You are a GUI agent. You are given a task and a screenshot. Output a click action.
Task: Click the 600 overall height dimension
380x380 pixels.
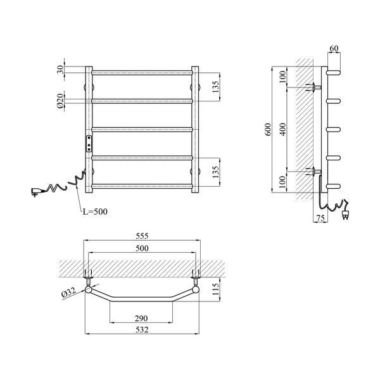pyautogui.click(x=268, y=129)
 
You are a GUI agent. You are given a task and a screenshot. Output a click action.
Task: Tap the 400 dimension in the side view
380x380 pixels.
pyautogui.click(x=283, y=129)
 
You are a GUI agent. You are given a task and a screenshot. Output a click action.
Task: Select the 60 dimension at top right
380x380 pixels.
pyautogui.click(x=334, y=48)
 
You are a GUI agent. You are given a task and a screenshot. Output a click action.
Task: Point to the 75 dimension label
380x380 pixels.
pyautogui.click(x=320, y=218)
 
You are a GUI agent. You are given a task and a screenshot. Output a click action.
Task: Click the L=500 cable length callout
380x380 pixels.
pyautogui.click(x=95, y=212)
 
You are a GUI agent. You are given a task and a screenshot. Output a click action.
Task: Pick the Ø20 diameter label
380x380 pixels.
pyautogui.click(x=60, y=100)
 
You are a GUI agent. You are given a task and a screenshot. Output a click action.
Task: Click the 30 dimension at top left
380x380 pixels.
pyautogui.click(x=60, y=70)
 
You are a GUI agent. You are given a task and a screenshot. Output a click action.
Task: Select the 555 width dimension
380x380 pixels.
pyautogui.click(x=142, y=236)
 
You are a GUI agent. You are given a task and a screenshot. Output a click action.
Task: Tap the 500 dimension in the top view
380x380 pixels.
pyautogui.click(x=142, y=248)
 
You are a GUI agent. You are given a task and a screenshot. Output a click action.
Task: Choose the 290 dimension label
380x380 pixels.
pyautogui.click(x=141, y=318)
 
